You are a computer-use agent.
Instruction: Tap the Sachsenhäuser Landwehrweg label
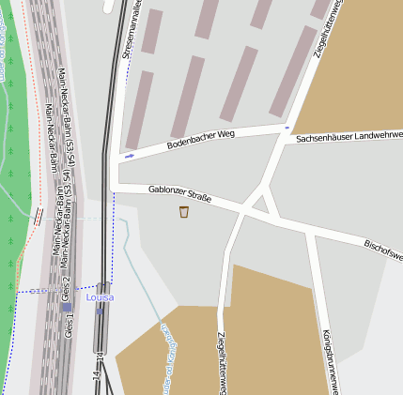pyautogui.click(x=349, y=138)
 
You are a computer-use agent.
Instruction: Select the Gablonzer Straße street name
pyautogui.click(x=179, y=195)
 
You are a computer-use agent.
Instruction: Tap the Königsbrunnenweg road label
pyautogui.click(x=329, y=361)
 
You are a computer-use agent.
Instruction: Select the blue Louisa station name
pyautogui.click(x=100, y=297)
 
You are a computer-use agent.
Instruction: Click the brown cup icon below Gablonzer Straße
pyautogui.click(x=184, y=212)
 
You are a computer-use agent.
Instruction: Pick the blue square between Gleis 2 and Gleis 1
pyautogui.click(x=66, y=307)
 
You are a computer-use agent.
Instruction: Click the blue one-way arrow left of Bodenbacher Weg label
pyautogui.click(x=129, y=156)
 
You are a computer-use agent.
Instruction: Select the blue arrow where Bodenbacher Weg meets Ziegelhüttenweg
pyautogui.click(x=287, y=126)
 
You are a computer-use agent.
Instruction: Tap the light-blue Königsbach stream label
pyautogui.click(x=165, y=357)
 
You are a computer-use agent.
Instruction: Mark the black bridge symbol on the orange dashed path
pyautogui.click(x=39, y=216)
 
